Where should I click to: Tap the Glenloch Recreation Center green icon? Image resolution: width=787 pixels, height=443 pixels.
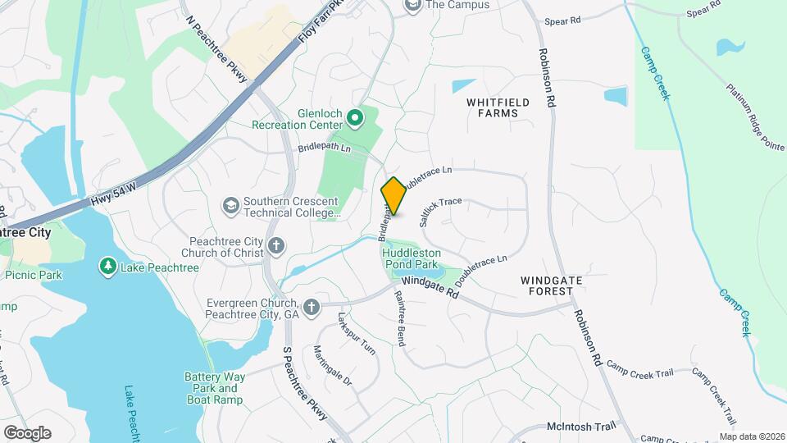(355, 120)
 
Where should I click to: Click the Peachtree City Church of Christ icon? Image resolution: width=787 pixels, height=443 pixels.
(277, 244)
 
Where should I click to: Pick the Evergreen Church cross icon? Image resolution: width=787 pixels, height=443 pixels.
(311, 308)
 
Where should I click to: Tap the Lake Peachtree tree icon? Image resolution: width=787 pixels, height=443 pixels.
(107, 267)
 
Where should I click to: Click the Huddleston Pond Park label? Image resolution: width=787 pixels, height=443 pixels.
(412, 259)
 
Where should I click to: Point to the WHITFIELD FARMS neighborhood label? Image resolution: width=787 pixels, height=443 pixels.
(498, 107)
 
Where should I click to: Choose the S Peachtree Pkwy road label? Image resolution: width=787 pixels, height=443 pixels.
(305, 383)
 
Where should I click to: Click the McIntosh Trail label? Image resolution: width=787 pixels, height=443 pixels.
(580, 427)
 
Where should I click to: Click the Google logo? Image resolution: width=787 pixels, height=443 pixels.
(27, 432)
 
